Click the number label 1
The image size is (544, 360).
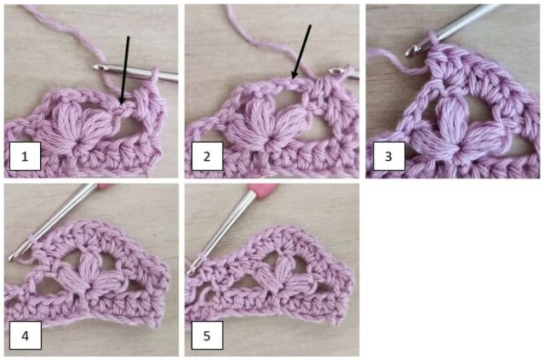click(26, 157)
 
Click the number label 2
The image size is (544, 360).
click(207, 157)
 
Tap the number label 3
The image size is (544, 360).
click(387, 157)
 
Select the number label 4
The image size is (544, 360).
click(26, 335)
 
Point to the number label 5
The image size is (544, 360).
click(207, 335)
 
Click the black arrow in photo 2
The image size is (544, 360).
click(301, 51)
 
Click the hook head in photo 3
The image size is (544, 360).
click(413, 50)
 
